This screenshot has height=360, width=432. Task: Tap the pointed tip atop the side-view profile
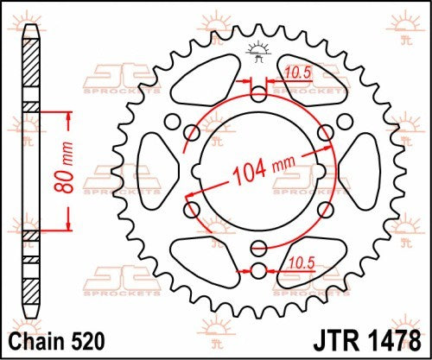(31, 26)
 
